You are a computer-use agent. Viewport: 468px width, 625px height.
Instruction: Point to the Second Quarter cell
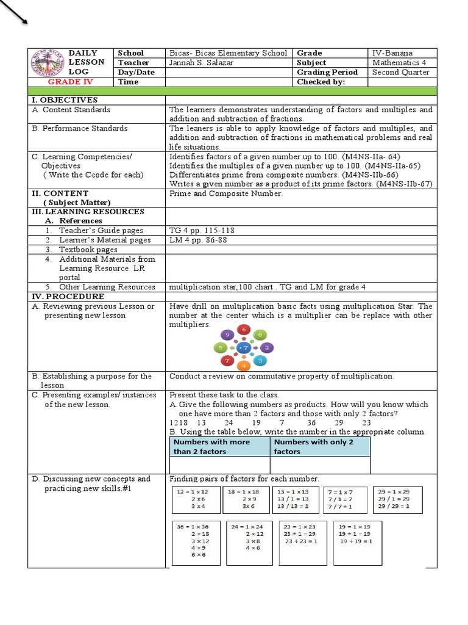coord(400,72)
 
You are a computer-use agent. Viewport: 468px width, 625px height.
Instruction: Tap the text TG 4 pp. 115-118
coord(201,231)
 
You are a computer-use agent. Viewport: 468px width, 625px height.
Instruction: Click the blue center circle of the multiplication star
coord(244,348)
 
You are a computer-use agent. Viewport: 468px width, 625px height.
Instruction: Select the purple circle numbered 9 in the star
coord(227,335)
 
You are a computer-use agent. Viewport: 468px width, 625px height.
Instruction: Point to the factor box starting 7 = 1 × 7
coord(345,499)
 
